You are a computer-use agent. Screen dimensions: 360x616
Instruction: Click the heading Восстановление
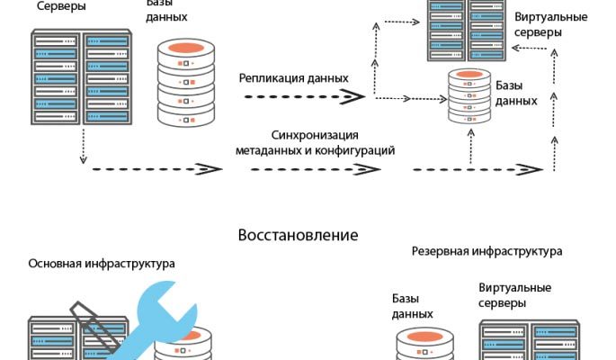pos(298,236)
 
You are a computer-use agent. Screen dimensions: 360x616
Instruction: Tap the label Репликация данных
pos(293,77)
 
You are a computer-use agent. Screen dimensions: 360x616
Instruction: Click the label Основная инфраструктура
pos(102,264)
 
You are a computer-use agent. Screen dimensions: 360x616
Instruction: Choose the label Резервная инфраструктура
pos(487,251)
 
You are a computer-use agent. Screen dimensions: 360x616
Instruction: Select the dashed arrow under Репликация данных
pos(297,95)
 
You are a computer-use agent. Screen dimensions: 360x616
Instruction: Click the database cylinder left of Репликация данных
pos(189,82)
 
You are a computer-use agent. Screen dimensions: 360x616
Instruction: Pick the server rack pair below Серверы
pos(81,77)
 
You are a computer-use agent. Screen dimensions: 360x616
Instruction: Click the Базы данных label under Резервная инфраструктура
pos(414,305)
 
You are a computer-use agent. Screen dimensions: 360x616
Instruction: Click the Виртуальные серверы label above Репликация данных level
pos(550,24)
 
